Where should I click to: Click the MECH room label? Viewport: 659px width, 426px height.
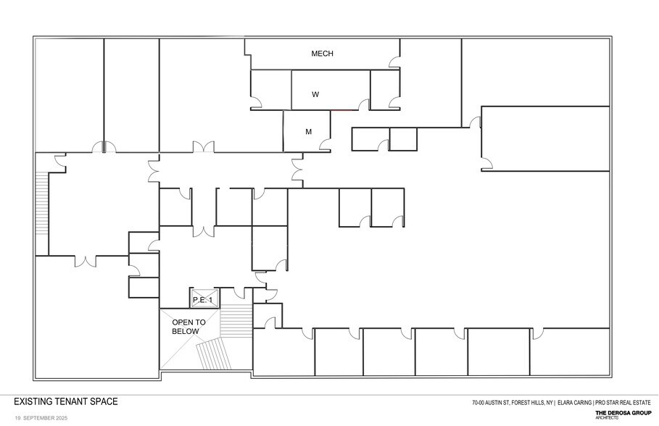click(x=322, y=54)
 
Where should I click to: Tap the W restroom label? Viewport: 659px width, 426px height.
click(x=315, y=94)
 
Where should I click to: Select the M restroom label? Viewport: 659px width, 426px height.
click(x=308, y=132)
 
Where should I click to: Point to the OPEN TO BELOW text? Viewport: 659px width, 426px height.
click(x=188, y=326)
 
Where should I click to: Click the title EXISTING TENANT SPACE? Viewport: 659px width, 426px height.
click(x=65, y=401)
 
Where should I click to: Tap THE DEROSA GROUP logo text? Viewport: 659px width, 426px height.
click(x=623, y=413)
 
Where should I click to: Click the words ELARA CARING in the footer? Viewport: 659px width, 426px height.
click(x=573, y=403)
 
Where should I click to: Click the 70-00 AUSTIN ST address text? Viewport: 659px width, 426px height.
click(x=489, y=403)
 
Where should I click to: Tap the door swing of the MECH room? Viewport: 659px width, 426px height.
click(x=394, y=61)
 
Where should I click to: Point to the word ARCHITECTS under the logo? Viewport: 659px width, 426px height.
click(x=607, y=418)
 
